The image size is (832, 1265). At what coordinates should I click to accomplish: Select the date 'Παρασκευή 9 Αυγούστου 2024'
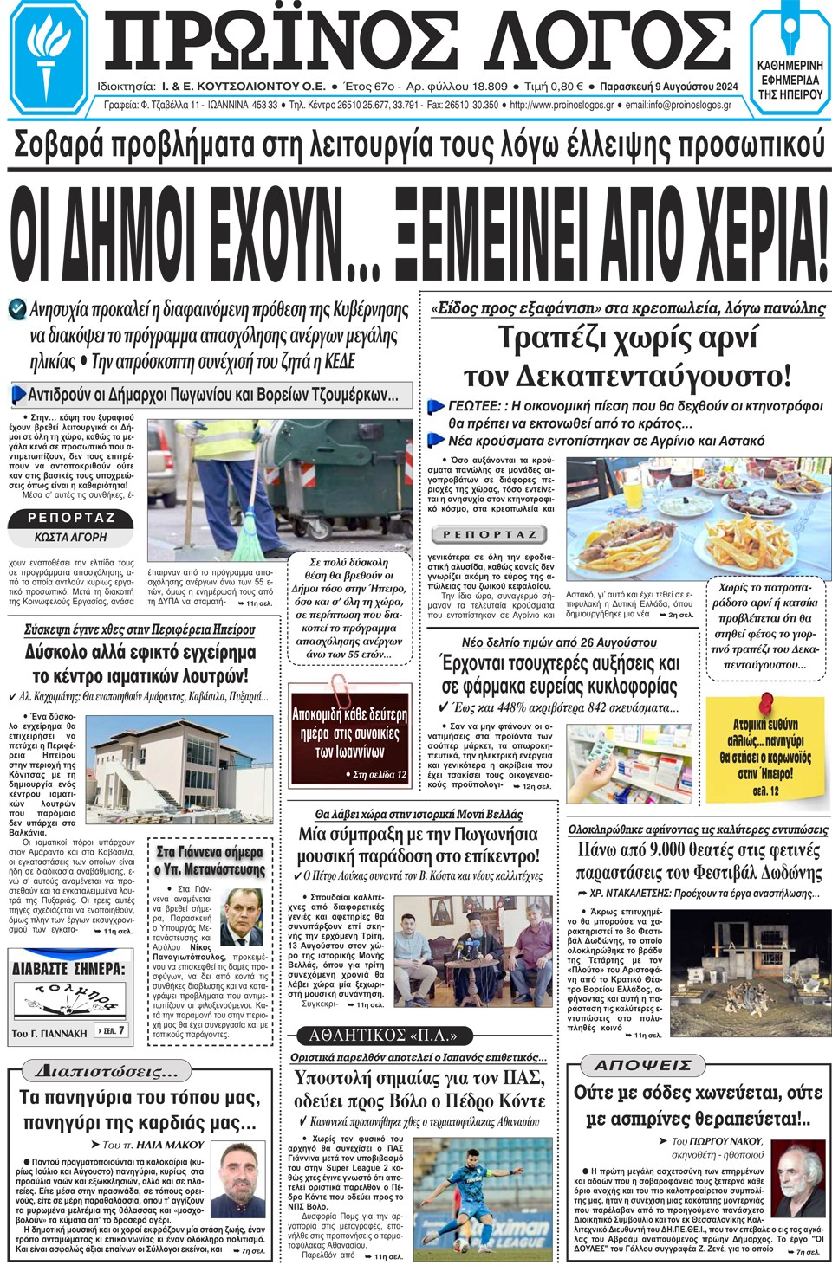pos(668,87)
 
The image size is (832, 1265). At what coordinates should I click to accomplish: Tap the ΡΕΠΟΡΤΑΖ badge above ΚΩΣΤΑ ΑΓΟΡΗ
pos(71,518)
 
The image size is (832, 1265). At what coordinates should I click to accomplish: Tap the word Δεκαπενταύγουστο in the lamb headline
pos(627,377)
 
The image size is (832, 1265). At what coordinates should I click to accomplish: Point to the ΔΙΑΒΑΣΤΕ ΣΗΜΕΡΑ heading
pos(68,968)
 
